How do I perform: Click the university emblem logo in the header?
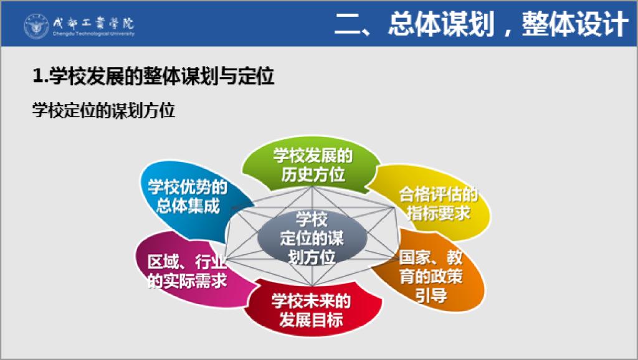[x=36, y=26]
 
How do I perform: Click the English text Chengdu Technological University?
[x=93, y=34]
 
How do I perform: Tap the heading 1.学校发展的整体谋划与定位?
[x=153, y=75]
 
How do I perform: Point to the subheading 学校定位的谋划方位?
[x=104, y=110]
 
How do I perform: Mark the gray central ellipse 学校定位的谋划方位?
[x=312, y=238]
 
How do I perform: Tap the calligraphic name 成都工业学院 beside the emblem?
[x=93, y=23]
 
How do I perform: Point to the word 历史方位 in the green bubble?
[x=313, y=174]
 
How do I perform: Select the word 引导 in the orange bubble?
[x=431, y=295]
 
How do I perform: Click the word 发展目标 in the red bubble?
[x=312, y=320]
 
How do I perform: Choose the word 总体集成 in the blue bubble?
[x=188, y=206]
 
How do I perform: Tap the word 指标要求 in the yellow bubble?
[x=439, y=213]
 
